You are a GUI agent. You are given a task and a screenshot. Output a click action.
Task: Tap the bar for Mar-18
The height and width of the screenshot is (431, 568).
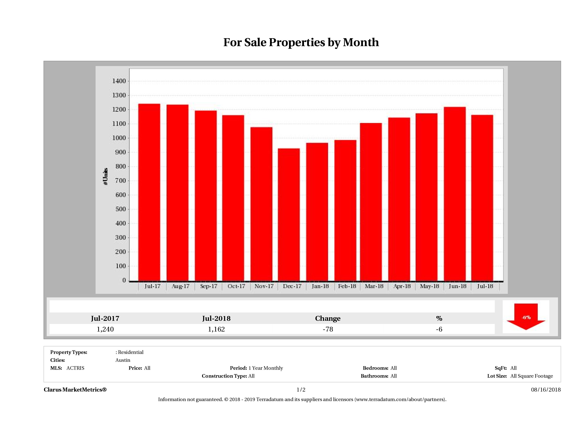[371, 202]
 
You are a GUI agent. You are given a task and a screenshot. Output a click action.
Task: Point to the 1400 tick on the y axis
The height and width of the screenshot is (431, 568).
[119, 81]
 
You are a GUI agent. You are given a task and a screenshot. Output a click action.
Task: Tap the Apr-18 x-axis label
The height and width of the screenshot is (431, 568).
[402, 286]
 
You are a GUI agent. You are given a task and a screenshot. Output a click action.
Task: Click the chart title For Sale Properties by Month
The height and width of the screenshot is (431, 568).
[301, 42]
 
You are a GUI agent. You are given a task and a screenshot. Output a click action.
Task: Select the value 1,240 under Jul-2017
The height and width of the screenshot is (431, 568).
[105, 329]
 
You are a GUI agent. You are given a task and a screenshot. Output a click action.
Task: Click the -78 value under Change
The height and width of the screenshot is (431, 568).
[328, 329]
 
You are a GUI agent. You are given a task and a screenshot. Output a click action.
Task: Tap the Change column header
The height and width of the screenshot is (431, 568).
[328, 318]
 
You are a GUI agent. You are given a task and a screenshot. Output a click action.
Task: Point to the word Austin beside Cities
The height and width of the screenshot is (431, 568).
[123, 360]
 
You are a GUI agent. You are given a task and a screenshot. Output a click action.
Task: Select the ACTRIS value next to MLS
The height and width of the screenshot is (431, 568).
[75, 368]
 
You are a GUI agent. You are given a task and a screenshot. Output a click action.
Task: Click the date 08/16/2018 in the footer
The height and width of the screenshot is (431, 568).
[546, 390]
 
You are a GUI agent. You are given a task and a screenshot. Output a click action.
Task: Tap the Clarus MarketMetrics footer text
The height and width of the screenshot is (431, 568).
[75, 390]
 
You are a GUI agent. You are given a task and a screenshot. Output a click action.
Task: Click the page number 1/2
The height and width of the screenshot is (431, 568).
[301, 390]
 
